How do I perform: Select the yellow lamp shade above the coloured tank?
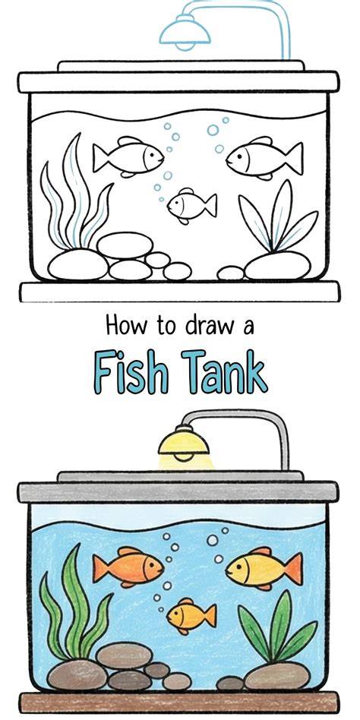pyautogui.click(x=184, y=444)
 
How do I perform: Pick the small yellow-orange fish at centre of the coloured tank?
pyautogui.click(x=191, y=616)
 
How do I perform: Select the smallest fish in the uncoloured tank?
pyautogui.click(x=192, y=206)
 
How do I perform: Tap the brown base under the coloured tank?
pyautogui.click(x=179, y=702)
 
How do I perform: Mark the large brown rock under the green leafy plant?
pyautogui.click(x=277, y=676)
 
